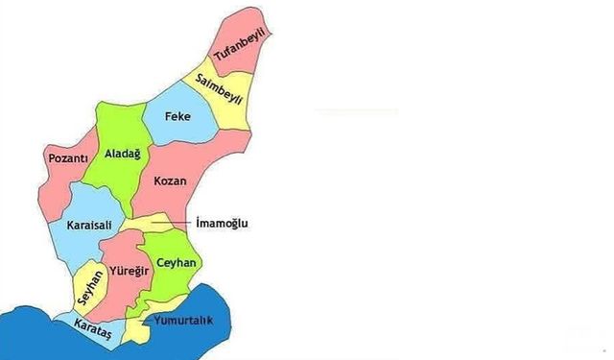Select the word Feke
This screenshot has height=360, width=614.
(x=177, y=116)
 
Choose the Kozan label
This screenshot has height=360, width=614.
(x=169, y=180)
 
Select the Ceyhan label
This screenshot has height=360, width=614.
(x=177, y=262)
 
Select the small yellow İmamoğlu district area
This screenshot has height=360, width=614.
(x=144, y=225)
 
